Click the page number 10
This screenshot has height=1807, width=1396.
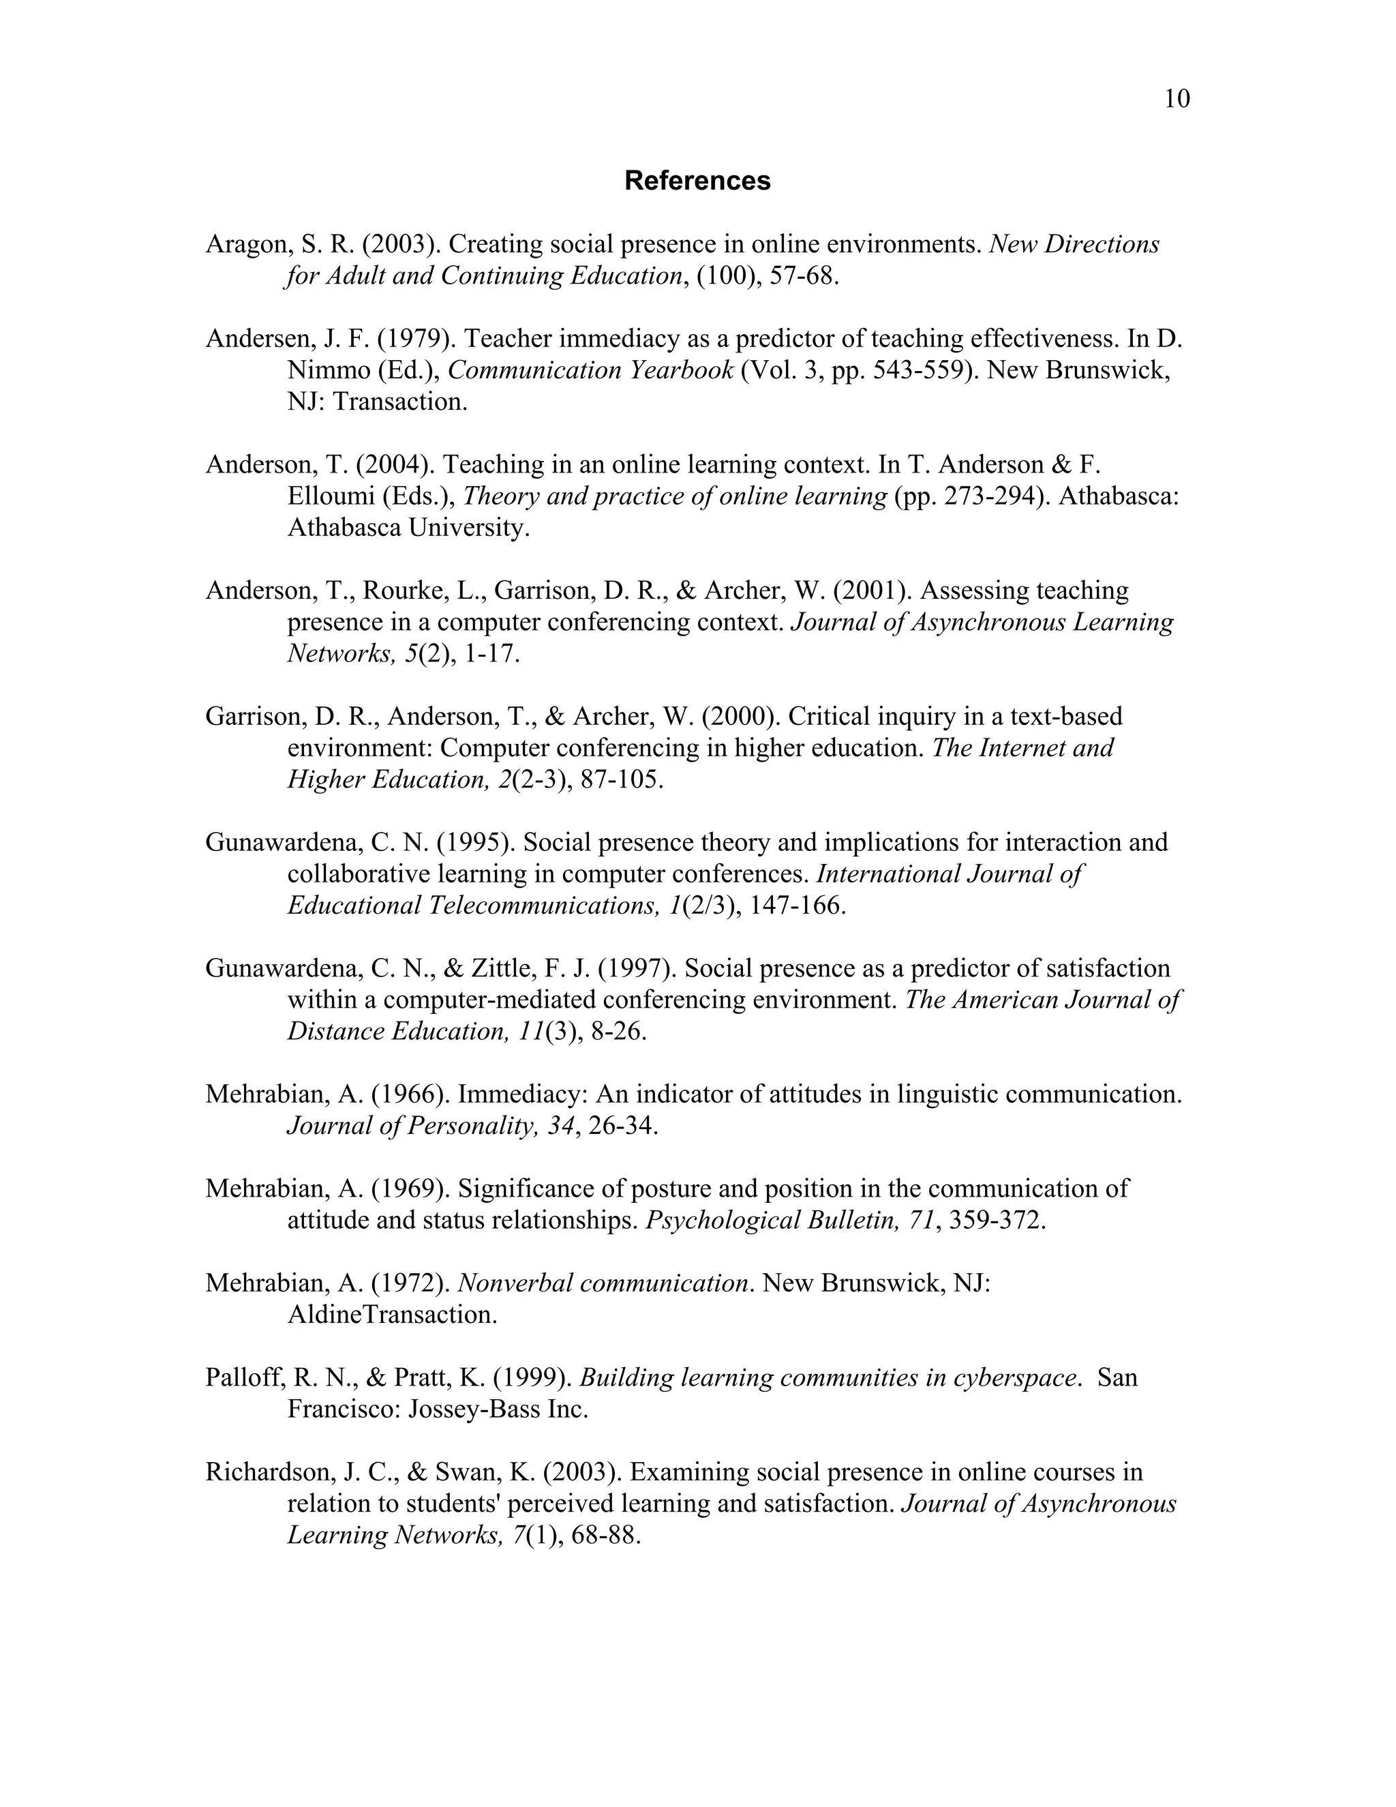coord(1177,100)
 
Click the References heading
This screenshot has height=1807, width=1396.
coord(697,181)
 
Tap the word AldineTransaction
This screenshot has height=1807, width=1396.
coord(391,1315)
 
